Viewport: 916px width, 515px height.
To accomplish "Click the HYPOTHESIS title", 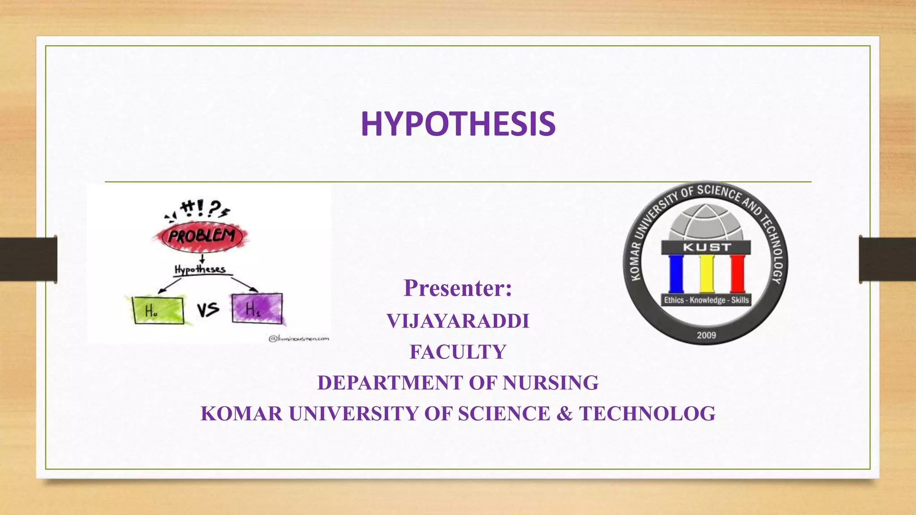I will click(458, 124).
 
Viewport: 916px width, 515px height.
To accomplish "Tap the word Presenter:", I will click(458, 287).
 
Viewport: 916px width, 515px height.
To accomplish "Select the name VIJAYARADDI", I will click(458, 321).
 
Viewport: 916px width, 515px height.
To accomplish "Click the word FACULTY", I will click(458, 352).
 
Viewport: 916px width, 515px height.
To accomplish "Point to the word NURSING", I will click(551, 383).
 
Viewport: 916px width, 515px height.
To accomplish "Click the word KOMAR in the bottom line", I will click(242, 414).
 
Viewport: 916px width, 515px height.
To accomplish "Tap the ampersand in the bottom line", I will click(564, 414).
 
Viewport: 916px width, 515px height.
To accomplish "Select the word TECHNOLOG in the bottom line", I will click(647, 414).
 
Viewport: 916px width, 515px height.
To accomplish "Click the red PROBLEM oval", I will click(202, 236).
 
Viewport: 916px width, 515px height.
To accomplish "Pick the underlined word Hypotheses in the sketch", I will click(200, 270).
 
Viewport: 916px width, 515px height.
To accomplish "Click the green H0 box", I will click(158, 310).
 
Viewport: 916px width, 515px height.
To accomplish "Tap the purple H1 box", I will click(257, 308).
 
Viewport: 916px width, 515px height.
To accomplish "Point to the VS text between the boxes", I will click(208, 309).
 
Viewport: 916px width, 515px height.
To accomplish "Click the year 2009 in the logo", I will click(706, 335).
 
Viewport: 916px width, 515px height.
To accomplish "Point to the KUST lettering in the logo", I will click(706, 247).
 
